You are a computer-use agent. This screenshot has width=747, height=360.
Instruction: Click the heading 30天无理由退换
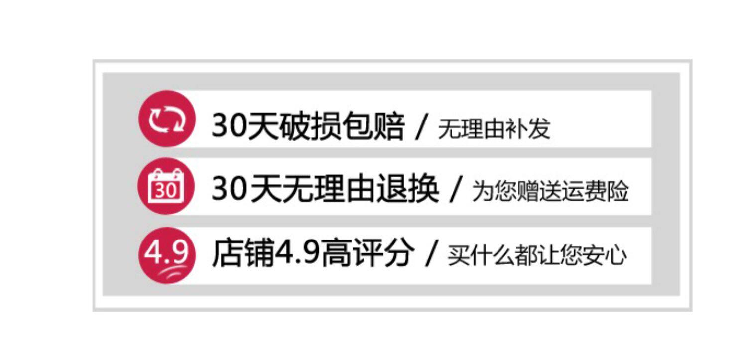(325, 189)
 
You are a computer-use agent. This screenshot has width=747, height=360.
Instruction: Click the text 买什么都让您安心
(537, 256)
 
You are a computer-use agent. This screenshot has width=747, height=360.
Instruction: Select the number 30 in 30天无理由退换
(230, 190)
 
